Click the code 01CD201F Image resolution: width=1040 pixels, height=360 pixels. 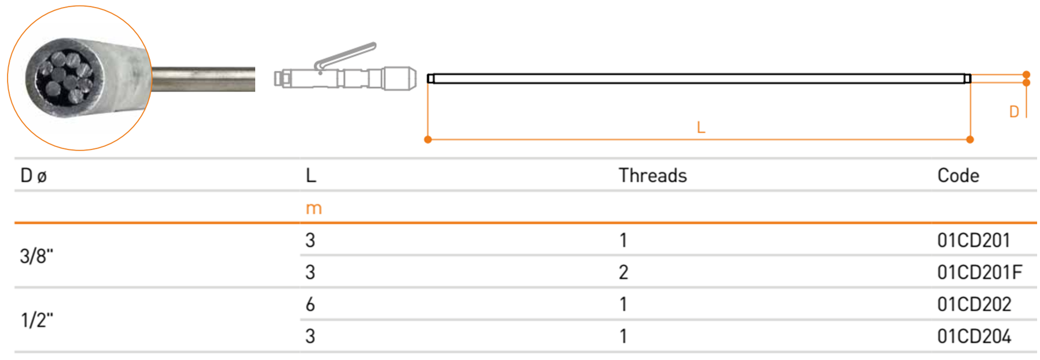click(980, 272)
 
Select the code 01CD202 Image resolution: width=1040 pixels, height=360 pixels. click(974, 304)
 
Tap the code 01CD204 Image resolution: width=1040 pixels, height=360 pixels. click(974, 336)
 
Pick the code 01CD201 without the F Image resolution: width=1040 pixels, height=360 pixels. click(973, 240)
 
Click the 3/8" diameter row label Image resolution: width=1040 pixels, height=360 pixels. click(36, 256)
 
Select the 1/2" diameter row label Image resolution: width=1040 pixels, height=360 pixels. click(36, 319)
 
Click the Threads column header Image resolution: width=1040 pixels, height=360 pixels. click(653, 175)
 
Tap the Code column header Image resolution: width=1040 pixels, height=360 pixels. click(958, 175)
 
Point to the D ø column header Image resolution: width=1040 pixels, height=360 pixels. click(34, 175)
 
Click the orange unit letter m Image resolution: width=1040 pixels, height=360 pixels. click(314, 209)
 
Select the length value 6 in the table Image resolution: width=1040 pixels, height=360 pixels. click(310, 304)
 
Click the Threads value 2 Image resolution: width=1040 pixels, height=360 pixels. click(623, 272)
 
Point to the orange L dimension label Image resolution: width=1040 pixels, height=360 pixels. click(701, 127)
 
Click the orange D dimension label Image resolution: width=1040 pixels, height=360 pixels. click(1014, 112)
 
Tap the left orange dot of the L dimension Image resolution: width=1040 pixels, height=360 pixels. click(428, 139)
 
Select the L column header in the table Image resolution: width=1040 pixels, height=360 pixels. click(311, 175)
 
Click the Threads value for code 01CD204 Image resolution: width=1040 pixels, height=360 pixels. click(623, 336)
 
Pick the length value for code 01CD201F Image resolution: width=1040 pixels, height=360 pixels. click(310, 272)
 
